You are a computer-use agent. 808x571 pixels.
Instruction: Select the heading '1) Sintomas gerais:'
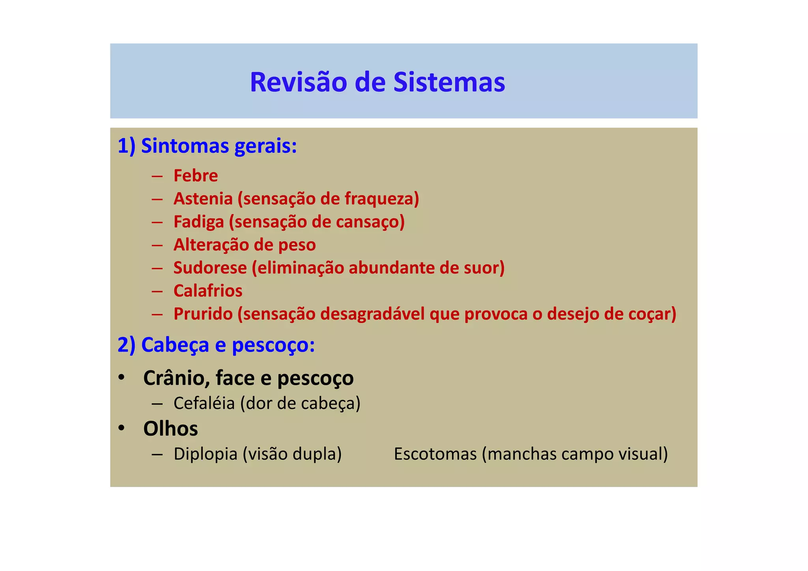(x=207, y=146)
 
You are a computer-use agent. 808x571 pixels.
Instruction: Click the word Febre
(x=196, y=176)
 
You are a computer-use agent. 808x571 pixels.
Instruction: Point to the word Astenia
(x=203, y=198)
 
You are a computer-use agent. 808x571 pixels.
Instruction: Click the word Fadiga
(x=199, y=222)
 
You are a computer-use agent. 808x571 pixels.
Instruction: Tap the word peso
(x=297, y=245)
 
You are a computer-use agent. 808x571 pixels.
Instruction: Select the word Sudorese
(x=210, y=268)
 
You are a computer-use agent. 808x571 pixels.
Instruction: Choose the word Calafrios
(x=208, y=291)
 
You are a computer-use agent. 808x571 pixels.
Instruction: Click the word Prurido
(x=203, y=314)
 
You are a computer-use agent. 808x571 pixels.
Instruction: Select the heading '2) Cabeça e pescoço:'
(x=216, y=345)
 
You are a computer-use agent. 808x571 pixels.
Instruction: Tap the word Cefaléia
(x=204, y=403)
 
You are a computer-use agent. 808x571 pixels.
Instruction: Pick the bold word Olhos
(x=170, y=429)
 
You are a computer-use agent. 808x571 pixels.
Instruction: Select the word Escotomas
(x=435, y=454)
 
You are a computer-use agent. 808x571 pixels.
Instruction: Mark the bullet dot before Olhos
(x=122, y=428)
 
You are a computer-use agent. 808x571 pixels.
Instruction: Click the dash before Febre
(x=157, y=176)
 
